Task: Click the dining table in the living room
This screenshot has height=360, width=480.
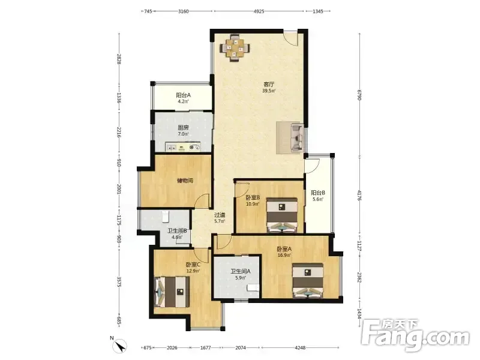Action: coord(235,49)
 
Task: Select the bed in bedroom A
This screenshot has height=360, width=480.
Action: coord(308,280)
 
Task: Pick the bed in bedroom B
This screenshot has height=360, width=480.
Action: coord(282,215)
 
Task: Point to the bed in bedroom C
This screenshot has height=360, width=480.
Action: coord(172,292)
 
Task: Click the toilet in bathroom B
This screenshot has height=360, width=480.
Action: coord(165,216)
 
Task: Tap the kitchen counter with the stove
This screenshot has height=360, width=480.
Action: coord(183,146)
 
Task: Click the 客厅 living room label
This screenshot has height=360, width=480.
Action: coord(269,84)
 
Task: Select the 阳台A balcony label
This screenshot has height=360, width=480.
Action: coord(184,95)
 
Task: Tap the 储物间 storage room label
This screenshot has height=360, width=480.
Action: coord(185,181)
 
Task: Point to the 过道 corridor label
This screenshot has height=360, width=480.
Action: coord(220,215)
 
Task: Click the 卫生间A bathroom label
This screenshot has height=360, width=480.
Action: coord(241,271)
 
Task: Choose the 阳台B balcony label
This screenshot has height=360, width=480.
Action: coord(318,193)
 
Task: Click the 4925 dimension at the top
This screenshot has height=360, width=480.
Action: coord(259,11)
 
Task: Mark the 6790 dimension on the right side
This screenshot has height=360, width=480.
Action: coord(359,95)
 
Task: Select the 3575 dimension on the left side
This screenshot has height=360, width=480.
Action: coord(119,281)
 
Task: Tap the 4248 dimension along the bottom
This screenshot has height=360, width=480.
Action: coord(300,347)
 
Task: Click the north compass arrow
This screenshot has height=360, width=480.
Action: coord(122,346)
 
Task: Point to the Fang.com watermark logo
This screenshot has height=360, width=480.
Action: coord(415,335)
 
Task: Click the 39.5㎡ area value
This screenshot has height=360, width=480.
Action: coord(269,91)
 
